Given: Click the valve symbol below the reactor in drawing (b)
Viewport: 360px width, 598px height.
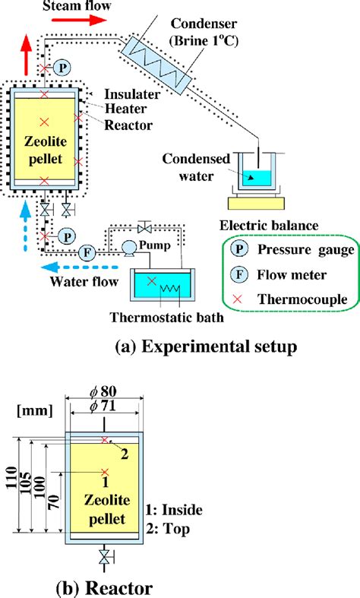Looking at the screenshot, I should pos(105,558).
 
